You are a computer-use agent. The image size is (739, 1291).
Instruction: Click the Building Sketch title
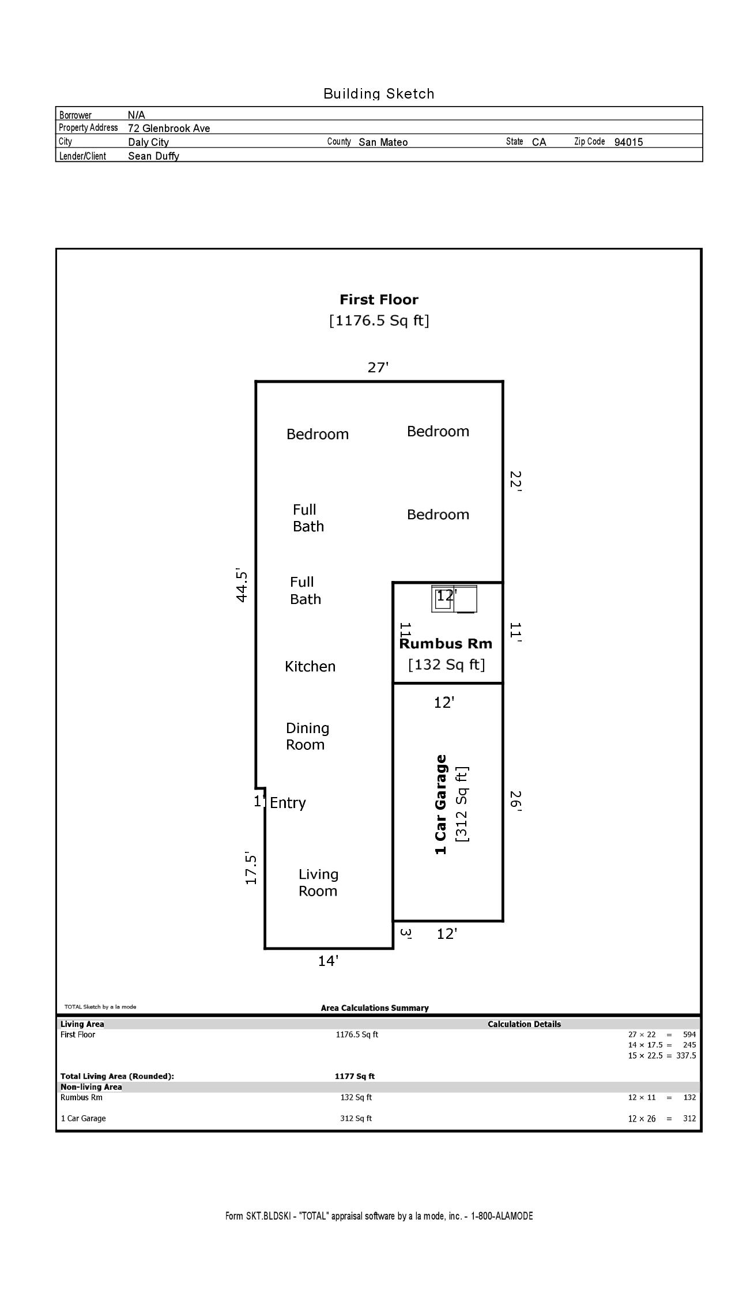pos(379,93)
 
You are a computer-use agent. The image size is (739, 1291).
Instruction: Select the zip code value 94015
pos(628,142)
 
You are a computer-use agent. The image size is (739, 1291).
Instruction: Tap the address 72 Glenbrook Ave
pos(169,129)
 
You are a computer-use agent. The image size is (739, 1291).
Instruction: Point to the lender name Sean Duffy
pos(153,156)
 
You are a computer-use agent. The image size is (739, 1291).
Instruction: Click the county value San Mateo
pos(383,142)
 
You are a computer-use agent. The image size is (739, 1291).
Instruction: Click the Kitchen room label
pos(310,666)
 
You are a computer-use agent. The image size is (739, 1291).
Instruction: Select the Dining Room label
pos(308,737)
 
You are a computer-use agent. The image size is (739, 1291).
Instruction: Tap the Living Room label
pos(318,882)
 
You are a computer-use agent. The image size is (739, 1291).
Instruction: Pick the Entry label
pos(288,803)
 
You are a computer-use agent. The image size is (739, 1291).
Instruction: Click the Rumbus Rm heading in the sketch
pos(446,644)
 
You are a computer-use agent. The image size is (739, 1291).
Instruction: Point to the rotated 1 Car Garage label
pos(441,805)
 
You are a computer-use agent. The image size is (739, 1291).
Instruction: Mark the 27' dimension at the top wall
pos(378,367)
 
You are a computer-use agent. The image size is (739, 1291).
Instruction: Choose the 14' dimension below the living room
pos(328,961)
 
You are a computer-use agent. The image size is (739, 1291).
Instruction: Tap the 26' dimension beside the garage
pos(515,801)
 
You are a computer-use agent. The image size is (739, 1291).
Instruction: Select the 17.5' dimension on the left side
pos(251,868)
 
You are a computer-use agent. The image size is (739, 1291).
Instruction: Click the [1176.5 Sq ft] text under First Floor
pos(379,320)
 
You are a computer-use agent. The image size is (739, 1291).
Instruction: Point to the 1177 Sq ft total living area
pos(355,1076)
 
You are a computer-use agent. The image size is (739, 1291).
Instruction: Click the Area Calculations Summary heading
pos(375,1008)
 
